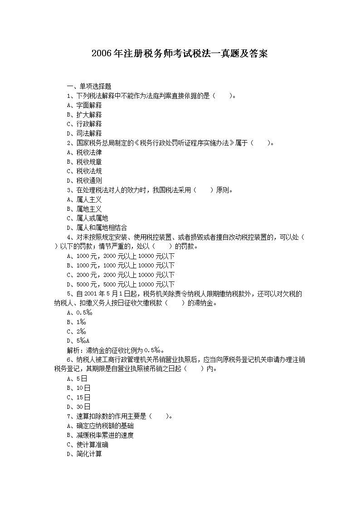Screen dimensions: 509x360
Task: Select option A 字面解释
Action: (x=84, y=105)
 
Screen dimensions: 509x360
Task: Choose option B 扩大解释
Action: (x=84, y=115)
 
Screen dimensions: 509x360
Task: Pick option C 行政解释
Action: (x=84, y=124)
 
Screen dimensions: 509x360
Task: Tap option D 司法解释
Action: (x=84, y=133)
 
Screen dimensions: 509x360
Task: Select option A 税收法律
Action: (x=84, y=152)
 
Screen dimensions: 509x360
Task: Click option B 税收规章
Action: (x=84, y=162)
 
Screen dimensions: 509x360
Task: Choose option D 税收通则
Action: (x=84, y=180)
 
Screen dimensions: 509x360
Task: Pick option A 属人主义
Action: (x=84, y=199)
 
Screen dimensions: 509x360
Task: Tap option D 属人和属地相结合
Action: (x=97, y=228)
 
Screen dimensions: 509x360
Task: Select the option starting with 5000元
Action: (x=121, y=284)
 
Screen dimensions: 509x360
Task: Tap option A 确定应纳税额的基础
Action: (x=100, y=426)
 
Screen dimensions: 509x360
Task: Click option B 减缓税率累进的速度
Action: (x=100, y=435)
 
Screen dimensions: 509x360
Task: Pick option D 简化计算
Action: (x=84, y=454)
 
